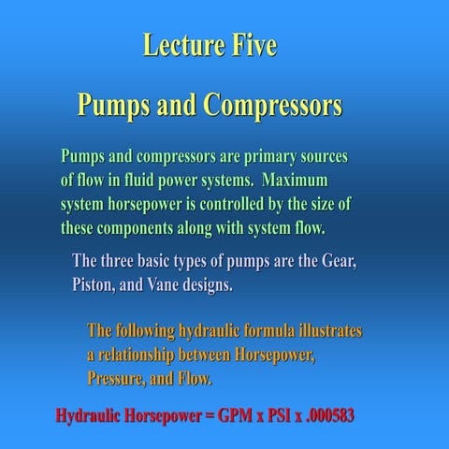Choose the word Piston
pyautogui.click(x=98, y=283)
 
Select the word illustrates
pyautogui.click(x=329, y=331)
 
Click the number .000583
pyautogui.click(x=361, y=414)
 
